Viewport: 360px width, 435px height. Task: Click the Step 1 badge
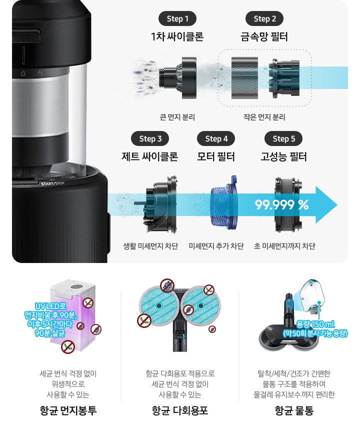177,19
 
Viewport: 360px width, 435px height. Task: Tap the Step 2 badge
264,19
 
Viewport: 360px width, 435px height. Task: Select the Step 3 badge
150,138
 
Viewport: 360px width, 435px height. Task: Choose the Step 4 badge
216,138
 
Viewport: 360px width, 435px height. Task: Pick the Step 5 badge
283,138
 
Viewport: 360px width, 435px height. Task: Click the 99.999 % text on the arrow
282,205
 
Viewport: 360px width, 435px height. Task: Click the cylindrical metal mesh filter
244,78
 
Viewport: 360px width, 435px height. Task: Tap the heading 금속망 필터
264,36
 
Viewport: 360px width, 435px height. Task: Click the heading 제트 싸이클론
150,156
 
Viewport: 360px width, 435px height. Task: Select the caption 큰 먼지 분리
177,117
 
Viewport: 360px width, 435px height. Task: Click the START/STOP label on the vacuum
52,183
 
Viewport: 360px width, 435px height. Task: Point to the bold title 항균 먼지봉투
68,410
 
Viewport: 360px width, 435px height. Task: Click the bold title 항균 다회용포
180,410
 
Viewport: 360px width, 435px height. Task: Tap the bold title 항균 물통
294,410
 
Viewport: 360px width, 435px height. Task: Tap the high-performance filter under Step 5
288,204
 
